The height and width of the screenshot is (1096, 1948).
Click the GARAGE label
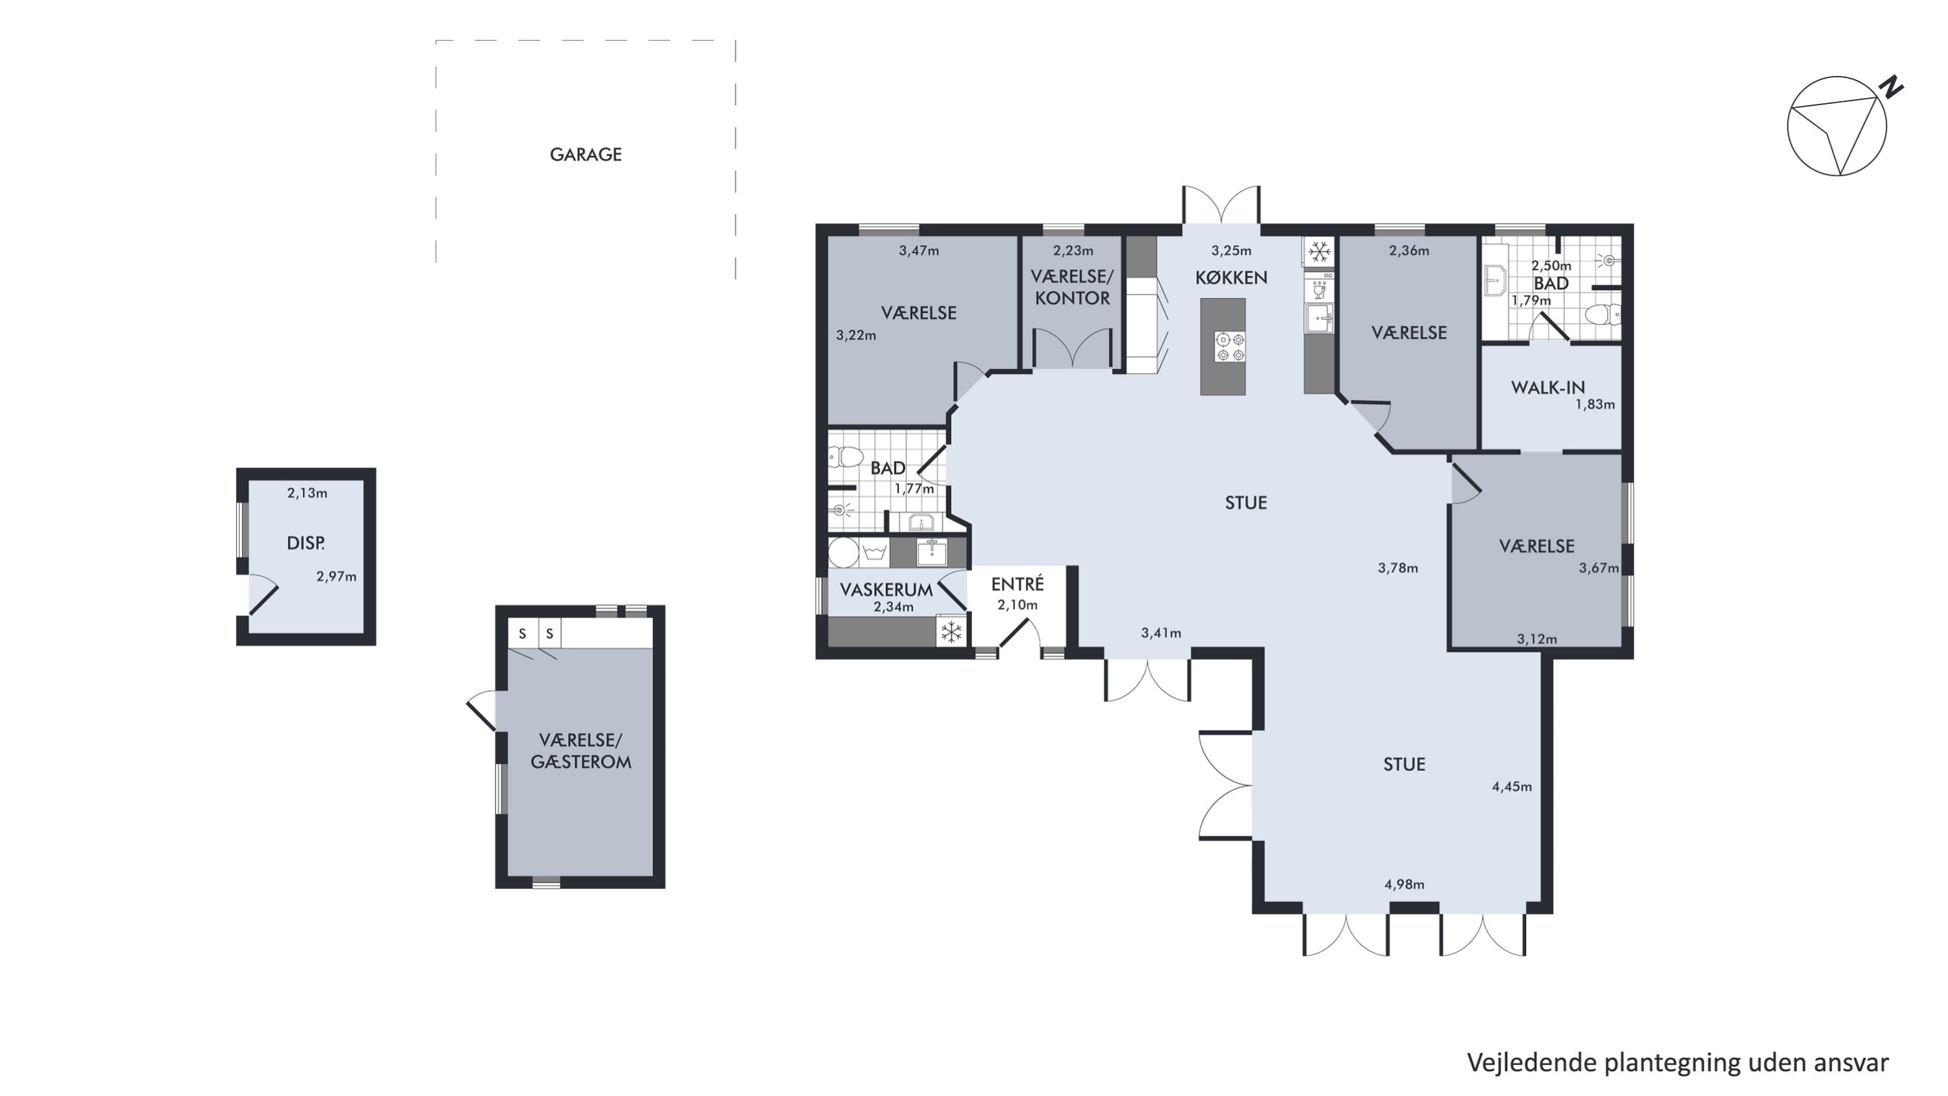click(585, 155)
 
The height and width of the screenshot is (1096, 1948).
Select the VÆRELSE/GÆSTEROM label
click(581, 751)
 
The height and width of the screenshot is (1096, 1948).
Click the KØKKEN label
click(1231, 277)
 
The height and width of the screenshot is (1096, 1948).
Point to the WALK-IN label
click(1548, 387)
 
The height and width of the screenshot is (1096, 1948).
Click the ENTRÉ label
click(1017, 584)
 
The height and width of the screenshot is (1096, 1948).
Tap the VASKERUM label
click(886, 590)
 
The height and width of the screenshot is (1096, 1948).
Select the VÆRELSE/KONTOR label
click(1072, 287)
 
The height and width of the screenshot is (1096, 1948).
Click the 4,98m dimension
click(1405, 884)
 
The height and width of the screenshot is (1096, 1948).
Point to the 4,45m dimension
click(1512, 787)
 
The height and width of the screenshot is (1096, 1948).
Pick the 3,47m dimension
click(919, 250)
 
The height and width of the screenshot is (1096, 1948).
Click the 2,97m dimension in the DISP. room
click(336, 576)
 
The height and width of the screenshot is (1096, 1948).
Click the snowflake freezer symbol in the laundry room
click(951, 631)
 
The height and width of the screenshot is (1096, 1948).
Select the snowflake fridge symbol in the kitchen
click(1319, 251)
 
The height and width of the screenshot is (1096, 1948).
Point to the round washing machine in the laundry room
click(844, 552)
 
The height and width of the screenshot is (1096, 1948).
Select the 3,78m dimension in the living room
click(1398, 568)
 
